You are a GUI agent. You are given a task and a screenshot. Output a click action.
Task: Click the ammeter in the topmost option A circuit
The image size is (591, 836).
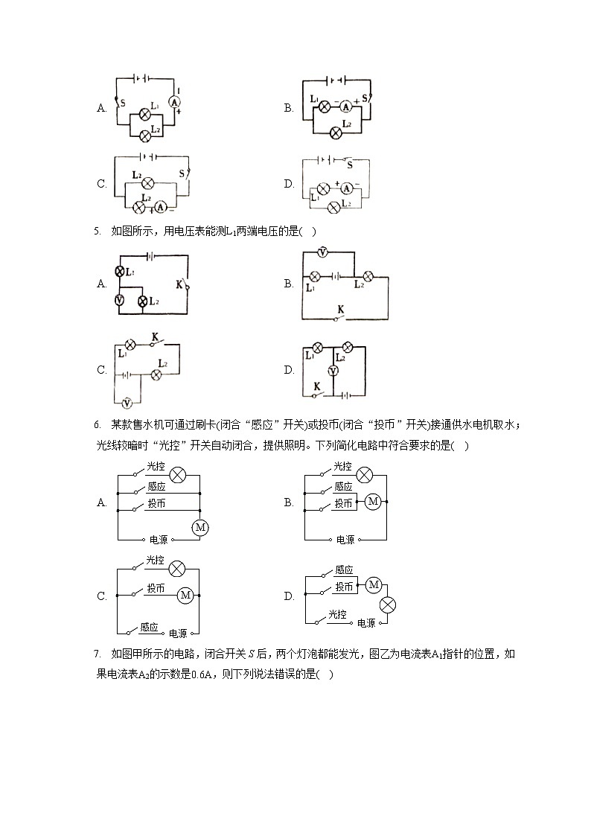pyautogui.click(x=176, y=101)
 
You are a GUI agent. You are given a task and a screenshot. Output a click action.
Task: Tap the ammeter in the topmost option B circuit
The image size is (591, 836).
pyautogui.click(x=345, y=107)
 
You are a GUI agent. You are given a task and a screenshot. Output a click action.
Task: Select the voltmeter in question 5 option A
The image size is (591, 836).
pyautogui.click(x=118, y=300)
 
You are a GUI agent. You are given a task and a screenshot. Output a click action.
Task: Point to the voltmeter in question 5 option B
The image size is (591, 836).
pyautogui.click(x=322, y=253)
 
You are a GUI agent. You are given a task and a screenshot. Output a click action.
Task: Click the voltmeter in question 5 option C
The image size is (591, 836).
pyautogui.click(x=127, y=403)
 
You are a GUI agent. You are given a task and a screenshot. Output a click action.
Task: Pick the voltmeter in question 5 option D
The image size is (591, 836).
pyautogui.click(x=333, y=370)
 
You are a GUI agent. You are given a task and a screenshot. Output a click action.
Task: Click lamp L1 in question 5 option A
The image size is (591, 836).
pyautogui.click(x=118, y=272)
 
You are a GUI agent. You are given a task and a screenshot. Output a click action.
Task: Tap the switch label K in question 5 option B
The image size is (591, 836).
pyautogui.click(x=341, y=308)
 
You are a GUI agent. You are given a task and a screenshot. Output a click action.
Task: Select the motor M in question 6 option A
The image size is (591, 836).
pyautogui.click(x=199, y=527)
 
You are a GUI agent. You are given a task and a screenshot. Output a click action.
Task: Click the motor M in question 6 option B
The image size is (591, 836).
pyautogui.click(x=373, y=502)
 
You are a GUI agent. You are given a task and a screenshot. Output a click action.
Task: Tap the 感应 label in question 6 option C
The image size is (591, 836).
pyautogui.click(x=149, y=627)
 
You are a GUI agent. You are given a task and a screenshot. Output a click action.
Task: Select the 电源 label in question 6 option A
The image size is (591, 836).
pyautogui.click(x=159, y=539)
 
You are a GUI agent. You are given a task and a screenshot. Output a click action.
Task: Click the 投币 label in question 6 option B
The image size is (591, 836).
pyautogui.click(x=342, y=503)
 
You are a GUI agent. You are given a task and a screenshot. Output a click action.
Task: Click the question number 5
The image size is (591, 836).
pyautogui.click(x=97, y=231)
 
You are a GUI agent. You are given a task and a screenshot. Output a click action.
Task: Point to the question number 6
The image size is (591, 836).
pyautogui.click(x=97, y=425)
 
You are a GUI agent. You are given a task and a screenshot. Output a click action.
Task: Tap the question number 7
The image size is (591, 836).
pyautogui.click(x=97, y=654)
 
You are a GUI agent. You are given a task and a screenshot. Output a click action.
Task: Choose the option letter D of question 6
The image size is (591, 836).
pyautogui.click(x=289, y=596)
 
